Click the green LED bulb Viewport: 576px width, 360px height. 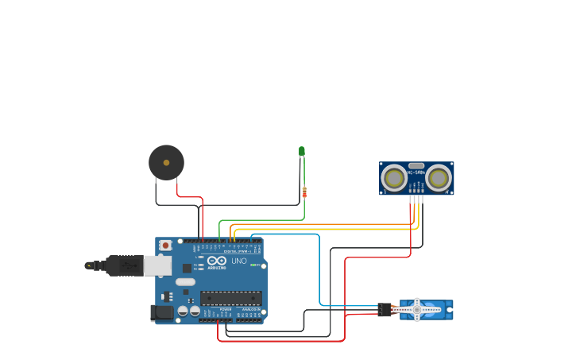click(x=302, y=150)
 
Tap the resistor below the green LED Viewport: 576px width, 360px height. click(x=304, y=192)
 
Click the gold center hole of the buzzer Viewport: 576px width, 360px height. click(x=166, y=162)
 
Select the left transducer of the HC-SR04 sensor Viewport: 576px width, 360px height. click(x=394, y=178)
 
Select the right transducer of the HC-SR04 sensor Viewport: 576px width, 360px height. click(x=439, y=178)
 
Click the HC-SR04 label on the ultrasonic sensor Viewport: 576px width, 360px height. click(x=416, y=172)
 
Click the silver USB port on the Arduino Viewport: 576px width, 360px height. click(x=157, y=265)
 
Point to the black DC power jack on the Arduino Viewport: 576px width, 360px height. click(x=162, y=313)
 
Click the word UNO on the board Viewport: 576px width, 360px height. click(x=238, y=261)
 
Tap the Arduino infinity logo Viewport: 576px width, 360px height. click(x=217, y=261)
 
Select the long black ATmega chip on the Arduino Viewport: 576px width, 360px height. click(x=230, y=298)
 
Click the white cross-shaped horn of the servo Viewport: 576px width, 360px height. click(x=417, y=309)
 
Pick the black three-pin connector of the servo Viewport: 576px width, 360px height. click(x=385, y=309)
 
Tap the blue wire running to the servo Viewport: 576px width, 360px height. click(x=319, y=270)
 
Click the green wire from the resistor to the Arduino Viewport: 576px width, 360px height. click(x=262, y=220)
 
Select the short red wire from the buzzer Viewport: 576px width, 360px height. click(x=189, y=196)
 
